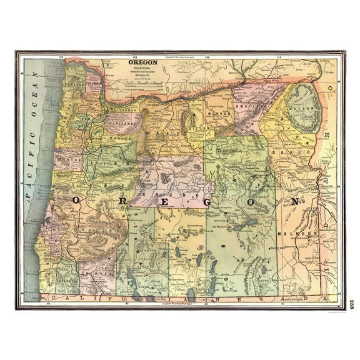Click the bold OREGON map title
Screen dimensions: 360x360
(x=142, y=62)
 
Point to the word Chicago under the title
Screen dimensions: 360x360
(x=142, y=75)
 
